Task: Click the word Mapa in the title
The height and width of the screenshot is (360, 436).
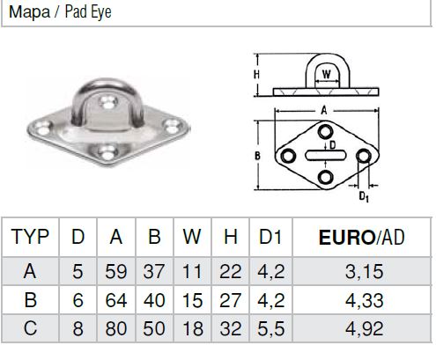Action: point(29,12)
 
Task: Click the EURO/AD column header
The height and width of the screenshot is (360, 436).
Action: point(362,237)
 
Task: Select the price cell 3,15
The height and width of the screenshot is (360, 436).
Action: point(364,271)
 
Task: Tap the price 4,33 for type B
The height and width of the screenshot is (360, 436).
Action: point(364,300)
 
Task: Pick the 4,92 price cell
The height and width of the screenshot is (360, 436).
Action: point(364,328)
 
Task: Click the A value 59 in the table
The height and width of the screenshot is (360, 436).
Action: point(116,271)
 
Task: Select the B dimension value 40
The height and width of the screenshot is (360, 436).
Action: point(154,300)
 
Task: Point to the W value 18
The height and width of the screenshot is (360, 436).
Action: point(192,328)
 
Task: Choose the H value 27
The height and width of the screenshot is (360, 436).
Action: point(231,300)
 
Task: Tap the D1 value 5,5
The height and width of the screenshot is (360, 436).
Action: point(270,328)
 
